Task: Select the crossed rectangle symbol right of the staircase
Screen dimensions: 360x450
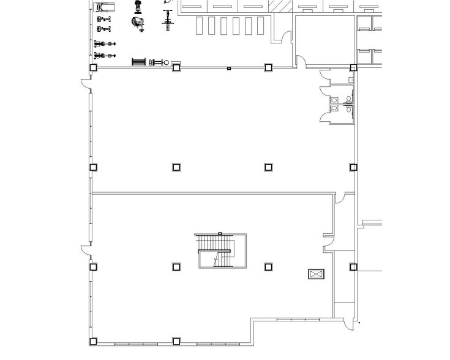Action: pyautogui.click(x=316, y=275)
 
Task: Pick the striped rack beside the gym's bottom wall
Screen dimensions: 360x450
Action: pyautogui.click(x=139, y=62)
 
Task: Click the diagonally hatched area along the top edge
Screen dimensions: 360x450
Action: pyautogui.click(x=282, y=7)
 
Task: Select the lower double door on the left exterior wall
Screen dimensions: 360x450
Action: pyautogui.click(x=86, y=251)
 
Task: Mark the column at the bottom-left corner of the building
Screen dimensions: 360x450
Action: pyautogui.click(x=93, y=340)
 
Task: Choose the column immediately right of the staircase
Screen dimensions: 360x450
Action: pyautogui.click(x=268, y=267)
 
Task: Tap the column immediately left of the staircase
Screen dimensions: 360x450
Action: pyautogui.click(x=176, y=267)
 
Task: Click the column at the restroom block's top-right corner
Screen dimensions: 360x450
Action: pyautogui.click(x=353, y=67)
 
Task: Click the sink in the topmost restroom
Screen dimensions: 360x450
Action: pyautogui.click(x=351, y=80)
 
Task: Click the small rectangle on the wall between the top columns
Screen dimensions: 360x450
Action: pyautogui.click(x=228, y=68)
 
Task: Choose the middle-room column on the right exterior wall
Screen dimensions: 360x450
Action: pyautogui.click(x=353, y=167)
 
